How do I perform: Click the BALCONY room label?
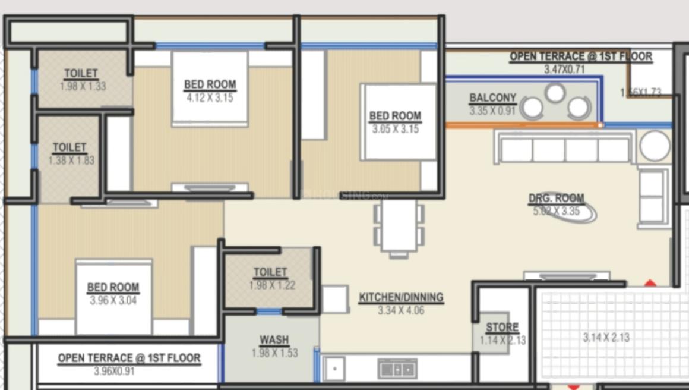[492, 98]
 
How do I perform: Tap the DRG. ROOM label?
[557, 199]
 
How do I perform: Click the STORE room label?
[502, 328]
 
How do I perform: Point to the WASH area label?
[274, 340]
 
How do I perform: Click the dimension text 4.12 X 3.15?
[210, 98]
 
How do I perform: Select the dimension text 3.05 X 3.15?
[395, 129]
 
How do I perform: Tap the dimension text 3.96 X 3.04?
[113, 301]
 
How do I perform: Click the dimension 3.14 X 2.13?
[606, 338]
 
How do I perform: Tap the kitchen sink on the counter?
[397, 369]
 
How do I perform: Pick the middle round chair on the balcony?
[555, 93]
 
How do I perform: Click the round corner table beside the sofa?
[655, 146]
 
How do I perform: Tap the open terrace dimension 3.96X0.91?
[114, 372]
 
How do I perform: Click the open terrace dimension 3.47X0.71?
[564, 70]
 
